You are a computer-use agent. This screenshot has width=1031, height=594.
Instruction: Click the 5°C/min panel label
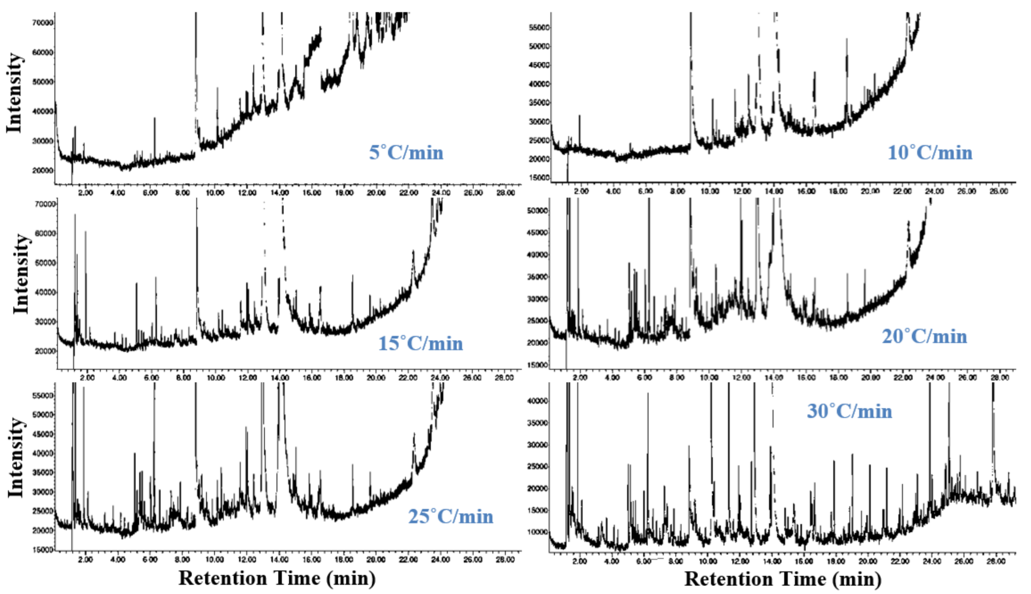click(406, 153)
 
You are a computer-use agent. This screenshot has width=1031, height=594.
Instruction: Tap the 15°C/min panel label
click(421, 343)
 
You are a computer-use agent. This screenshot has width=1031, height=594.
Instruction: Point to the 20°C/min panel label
click(924, 337)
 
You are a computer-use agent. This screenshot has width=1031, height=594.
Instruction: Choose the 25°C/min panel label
click(450, 517)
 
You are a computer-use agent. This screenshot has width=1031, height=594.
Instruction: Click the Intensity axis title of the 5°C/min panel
click(14, 93)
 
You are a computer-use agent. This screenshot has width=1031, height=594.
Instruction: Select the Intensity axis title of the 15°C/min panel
click(21, 274)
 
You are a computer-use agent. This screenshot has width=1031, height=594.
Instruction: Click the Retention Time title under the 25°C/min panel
click(277, 578)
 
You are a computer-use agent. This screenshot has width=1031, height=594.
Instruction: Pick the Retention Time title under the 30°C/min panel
click(782, 579)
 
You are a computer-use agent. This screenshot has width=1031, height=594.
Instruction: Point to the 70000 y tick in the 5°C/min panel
click(42, 23)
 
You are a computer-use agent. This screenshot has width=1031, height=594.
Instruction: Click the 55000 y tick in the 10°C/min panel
click(539, 27)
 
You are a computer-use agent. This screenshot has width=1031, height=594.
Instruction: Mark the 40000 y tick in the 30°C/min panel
click(538, 401)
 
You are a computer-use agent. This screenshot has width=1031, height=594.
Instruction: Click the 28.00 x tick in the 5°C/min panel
click(505, 193)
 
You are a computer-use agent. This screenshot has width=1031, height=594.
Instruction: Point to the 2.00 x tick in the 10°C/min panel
click(581, 191)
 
